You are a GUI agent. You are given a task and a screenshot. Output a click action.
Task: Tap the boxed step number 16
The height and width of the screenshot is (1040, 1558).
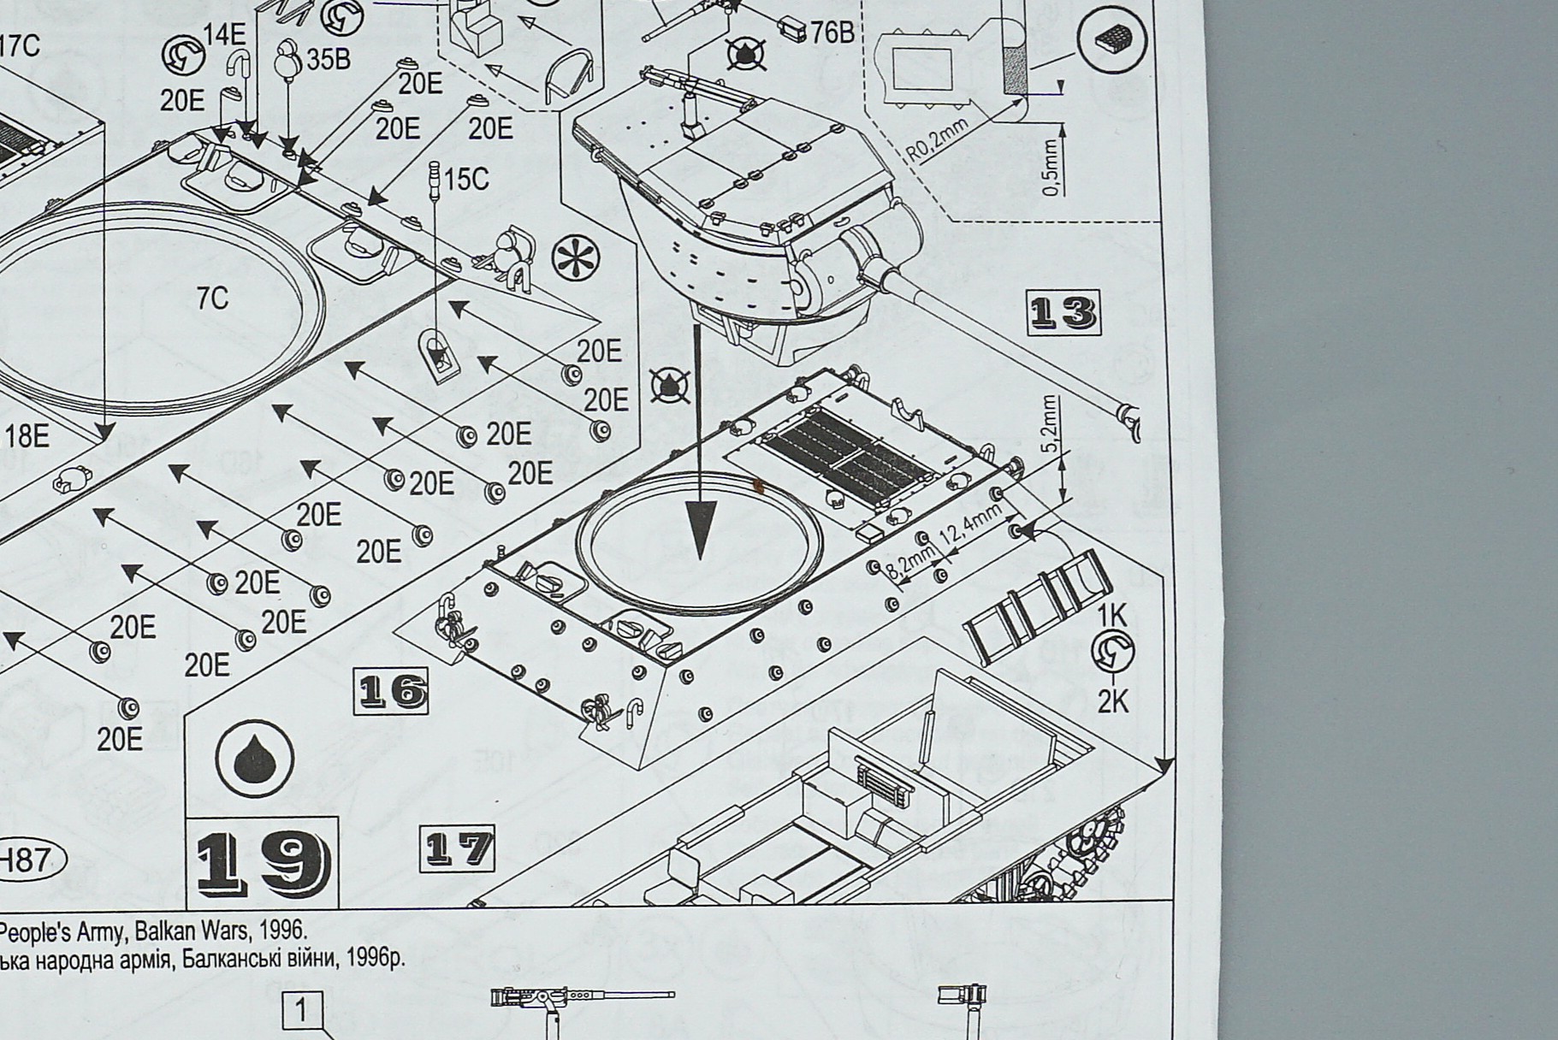point(391,691)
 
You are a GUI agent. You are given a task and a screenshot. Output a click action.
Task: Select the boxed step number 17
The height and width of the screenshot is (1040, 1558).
point(458,848)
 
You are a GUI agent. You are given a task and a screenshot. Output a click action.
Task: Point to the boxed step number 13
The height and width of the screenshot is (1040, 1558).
point(1062,313)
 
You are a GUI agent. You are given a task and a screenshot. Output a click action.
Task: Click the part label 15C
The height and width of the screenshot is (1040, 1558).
point(466,179)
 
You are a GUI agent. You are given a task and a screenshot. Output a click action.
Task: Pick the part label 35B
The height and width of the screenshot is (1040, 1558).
point(329,60)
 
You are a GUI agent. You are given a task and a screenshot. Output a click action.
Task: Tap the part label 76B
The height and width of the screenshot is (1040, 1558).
point(832,32)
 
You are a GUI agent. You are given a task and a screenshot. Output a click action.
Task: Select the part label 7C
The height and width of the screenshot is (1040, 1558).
point(212,298)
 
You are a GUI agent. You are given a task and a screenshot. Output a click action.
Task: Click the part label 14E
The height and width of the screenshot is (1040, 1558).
point(224,35)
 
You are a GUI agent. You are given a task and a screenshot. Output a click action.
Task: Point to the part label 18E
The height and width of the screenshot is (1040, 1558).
point(27,436)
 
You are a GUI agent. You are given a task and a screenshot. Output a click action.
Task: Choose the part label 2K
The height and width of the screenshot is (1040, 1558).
point(1113,702)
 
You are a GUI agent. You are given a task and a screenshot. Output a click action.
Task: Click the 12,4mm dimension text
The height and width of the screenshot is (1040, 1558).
point(970,525)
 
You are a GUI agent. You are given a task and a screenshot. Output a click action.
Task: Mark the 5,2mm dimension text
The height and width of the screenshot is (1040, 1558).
point(1051,425)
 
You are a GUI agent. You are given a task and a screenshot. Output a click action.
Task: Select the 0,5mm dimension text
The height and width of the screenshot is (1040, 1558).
point(1051,167)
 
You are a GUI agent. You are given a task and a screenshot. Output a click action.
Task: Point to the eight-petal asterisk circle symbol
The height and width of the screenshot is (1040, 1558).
point(577,258)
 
